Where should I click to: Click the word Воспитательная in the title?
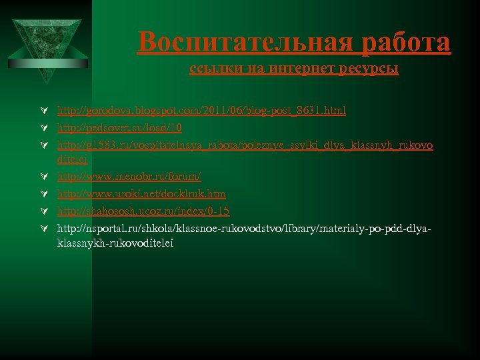[245, 43]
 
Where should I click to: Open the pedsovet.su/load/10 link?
[119, 127]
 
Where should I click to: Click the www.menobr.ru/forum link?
[129, 177]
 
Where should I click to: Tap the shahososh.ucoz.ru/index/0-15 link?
[143, 211]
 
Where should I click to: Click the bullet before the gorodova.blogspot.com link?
[43, 111]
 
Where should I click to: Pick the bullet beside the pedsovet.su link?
[43, 127]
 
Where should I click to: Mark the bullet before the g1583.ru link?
[43, 145]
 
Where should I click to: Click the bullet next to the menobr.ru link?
[43, 177]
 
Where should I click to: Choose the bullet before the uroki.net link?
[43, 193]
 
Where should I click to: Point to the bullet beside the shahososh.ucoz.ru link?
[43, 211]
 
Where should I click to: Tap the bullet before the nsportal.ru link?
[43, 228]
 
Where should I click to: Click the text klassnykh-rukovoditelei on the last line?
[115, 244]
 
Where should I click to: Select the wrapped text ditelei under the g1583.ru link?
[72, 160]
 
